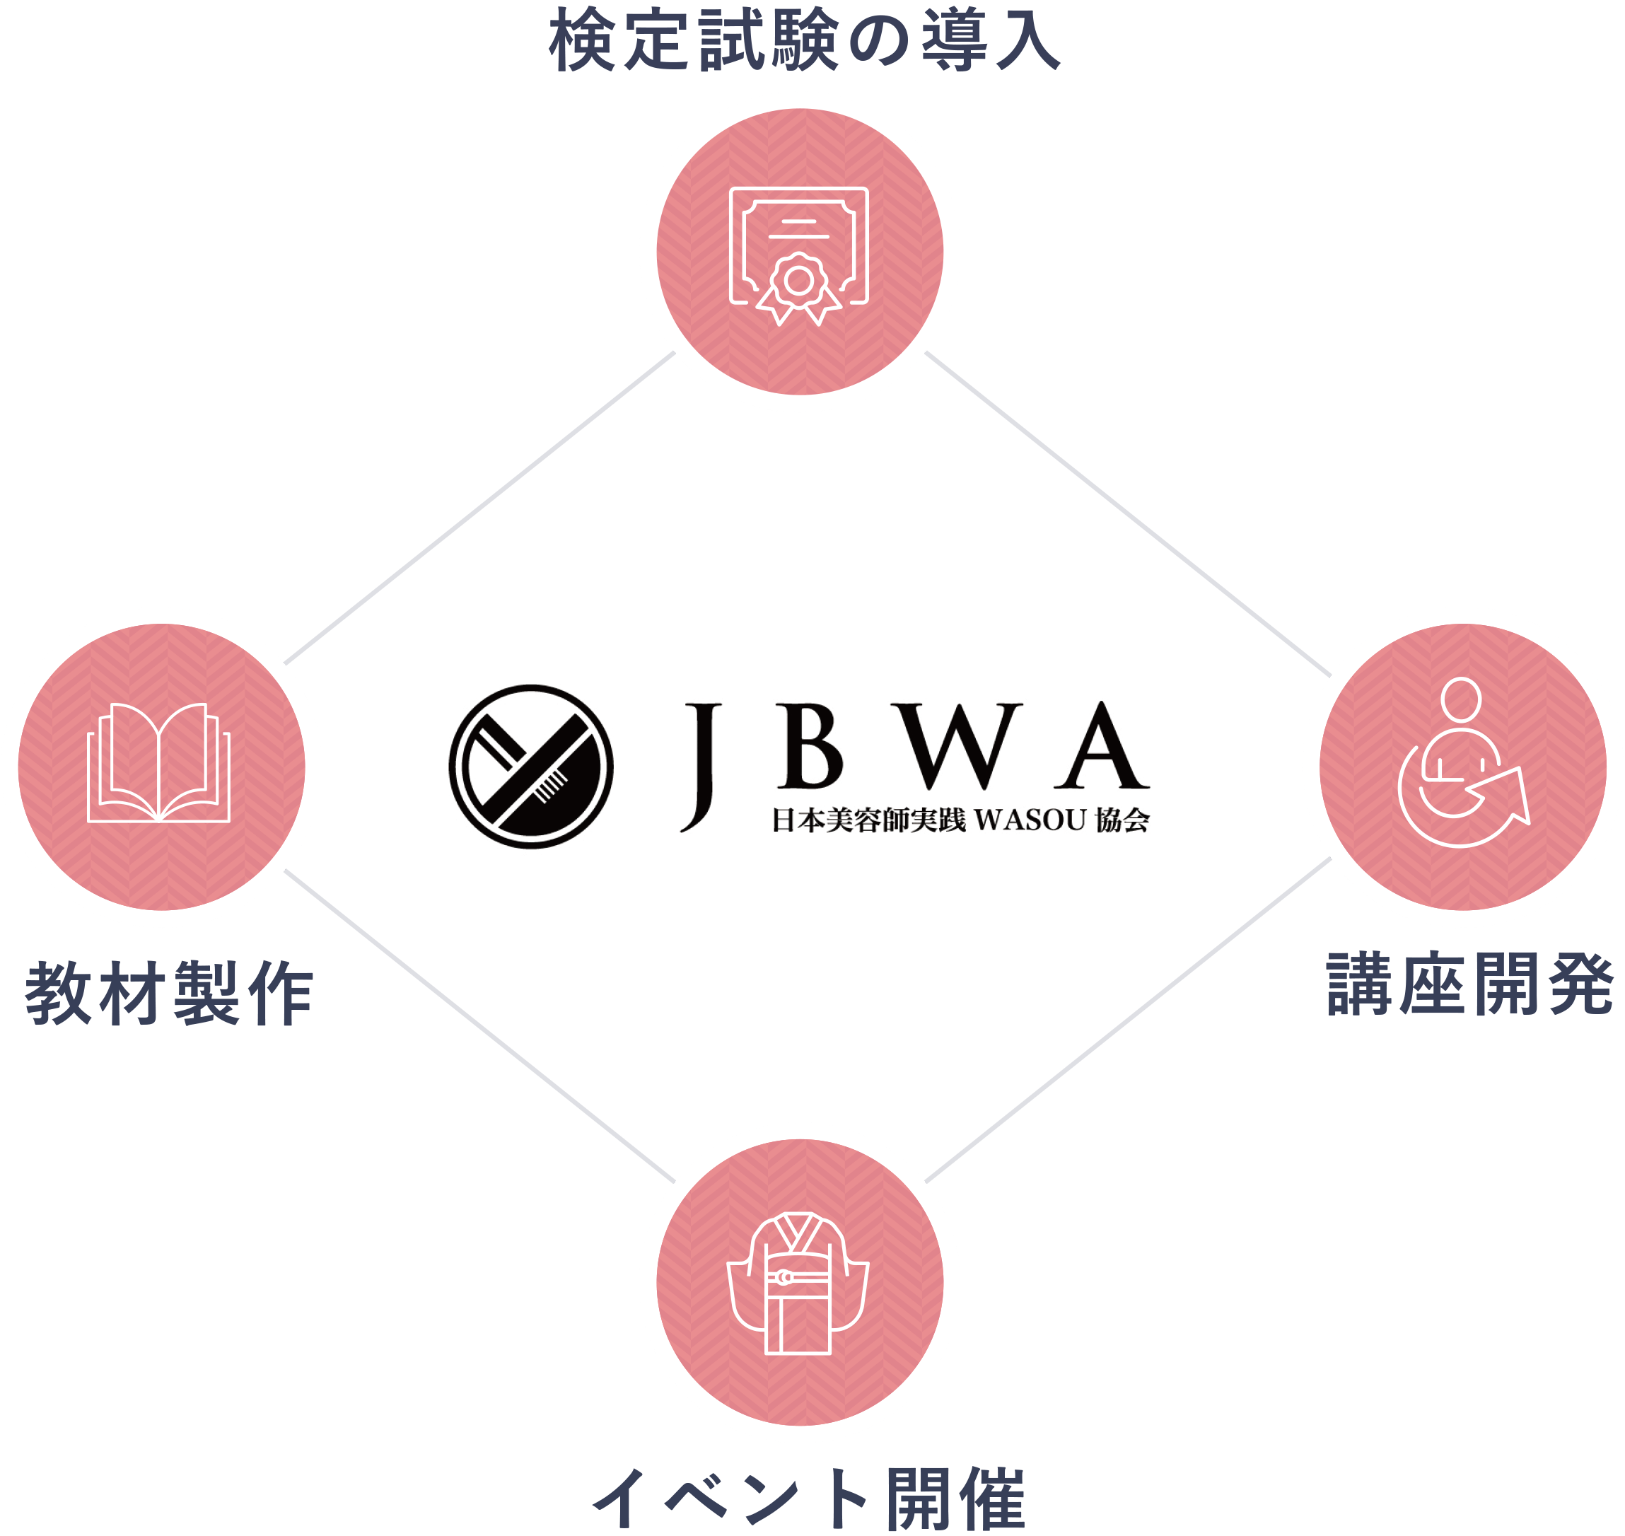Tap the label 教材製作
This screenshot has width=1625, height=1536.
170,994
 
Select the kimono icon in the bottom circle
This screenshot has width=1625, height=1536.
798,1284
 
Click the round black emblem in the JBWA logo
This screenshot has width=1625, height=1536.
531,767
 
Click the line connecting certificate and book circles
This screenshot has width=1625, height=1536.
479,508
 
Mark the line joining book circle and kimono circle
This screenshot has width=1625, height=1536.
479,1027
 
